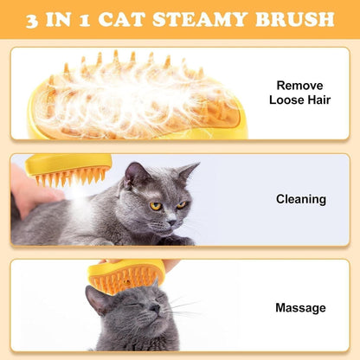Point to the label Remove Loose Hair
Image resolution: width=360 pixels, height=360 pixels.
[x=300, y=93]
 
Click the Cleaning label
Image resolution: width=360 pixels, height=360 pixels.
[x=300, y=199]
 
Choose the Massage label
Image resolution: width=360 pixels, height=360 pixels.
[x=300, y=307]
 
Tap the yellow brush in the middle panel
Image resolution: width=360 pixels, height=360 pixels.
[x=69, y=169]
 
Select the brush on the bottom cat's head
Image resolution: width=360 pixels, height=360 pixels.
[x=126, y=274]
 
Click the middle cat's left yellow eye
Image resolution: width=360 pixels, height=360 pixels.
[x=156, y=206]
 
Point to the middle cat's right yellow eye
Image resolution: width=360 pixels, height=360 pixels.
[x=181, y=204]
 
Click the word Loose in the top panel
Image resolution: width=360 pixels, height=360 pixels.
[x=286, y=100]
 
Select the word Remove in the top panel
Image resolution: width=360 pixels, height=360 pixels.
[x=300, y=85]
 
